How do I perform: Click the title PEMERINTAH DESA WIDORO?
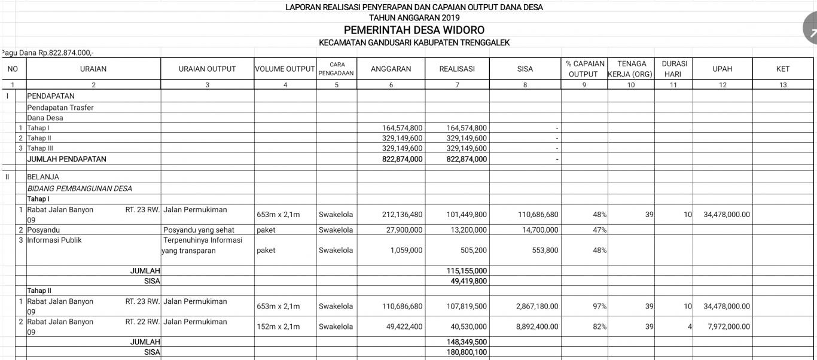(414, 30)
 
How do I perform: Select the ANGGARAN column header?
(391, 69)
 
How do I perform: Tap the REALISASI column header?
(457, 69)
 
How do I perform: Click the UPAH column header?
(723, 69)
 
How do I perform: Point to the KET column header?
(783, 69)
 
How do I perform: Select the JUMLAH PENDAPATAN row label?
(66, 159)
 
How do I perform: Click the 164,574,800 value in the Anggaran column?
(402, 128)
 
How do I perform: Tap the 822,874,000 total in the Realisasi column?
(467, 159)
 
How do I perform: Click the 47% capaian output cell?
(599, 230)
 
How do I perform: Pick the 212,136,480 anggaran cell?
(402, 215)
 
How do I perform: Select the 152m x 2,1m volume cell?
(278, 327)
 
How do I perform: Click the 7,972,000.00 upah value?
(726, 327)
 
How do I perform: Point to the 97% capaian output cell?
(599, 307)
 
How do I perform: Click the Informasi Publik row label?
(54, 240)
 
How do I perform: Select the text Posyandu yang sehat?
(198, 230)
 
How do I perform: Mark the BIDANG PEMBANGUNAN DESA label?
(80, 188)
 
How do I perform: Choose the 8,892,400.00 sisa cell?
(537, 327)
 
